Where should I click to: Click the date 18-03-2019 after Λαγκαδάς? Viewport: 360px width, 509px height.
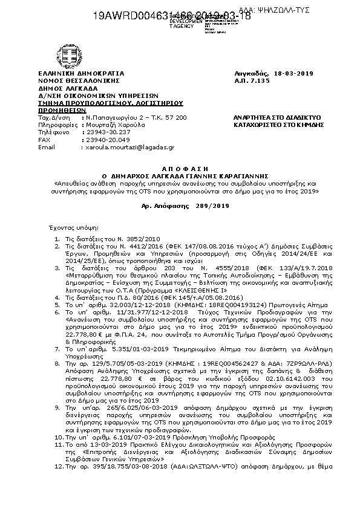pyautogui.click(x=296, y=73)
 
